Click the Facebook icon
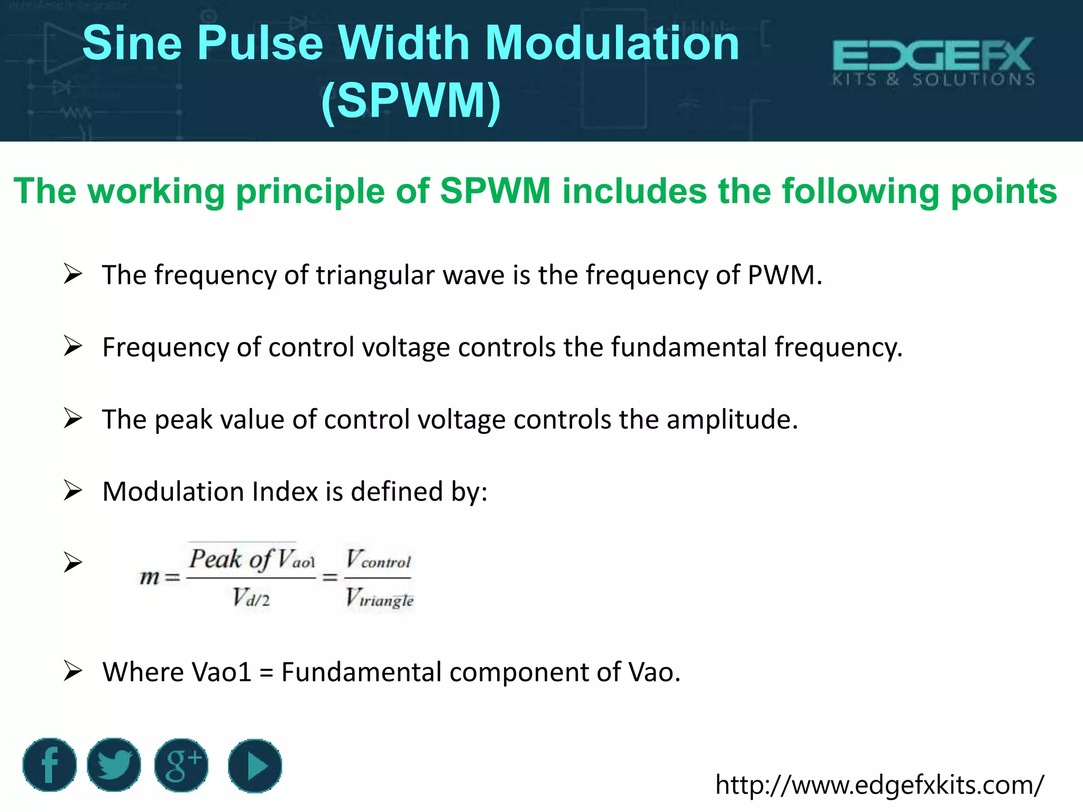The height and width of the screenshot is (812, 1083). [49, 765]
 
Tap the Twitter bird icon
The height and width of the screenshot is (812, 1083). [114, 765]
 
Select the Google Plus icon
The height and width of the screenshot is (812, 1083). [181, 765]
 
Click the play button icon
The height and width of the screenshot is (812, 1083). [255, 765]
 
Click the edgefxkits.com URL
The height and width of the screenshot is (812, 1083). [879, 785]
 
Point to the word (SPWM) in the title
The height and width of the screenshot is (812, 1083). [411, 100]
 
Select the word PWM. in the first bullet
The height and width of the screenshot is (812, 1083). [785, 275]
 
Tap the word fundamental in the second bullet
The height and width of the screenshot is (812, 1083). [689, 348]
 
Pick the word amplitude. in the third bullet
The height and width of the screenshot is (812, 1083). [732, 420]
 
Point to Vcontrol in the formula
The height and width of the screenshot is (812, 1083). [378, 559]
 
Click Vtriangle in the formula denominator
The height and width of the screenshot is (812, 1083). [379, 598]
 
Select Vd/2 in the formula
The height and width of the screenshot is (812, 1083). [251, 598]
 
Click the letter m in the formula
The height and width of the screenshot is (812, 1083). [149, 577]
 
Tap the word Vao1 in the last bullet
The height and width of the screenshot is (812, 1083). [222, 672]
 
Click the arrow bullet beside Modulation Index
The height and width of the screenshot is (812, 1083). [72, 491]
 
